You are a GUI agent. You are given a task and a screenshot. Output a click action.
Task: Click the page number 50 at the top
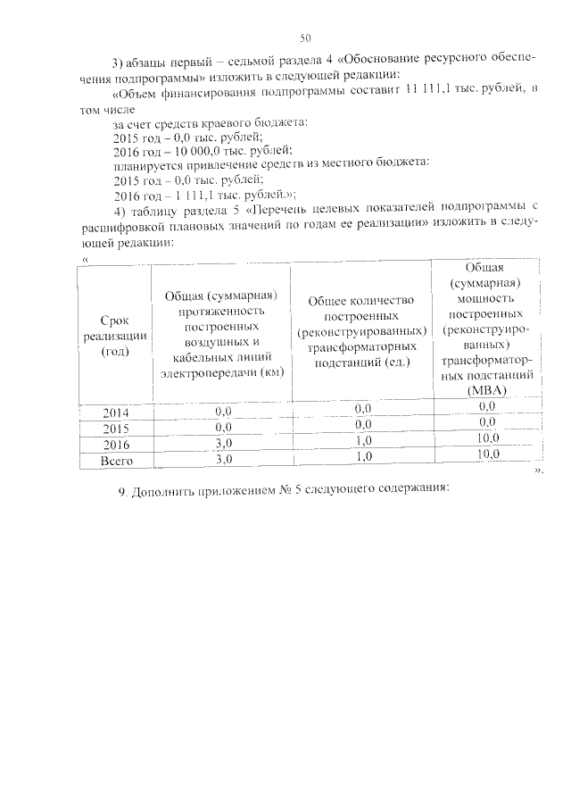click(305, 37)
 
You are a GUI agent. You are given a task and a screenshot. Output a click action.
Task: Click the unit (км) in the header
click(270, 373)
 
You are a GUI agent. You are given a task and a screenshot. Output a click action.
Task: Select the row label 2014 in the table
click(115, 412)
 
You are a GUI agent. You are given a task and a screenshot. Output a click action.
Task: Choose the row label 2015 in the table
click(115, 429)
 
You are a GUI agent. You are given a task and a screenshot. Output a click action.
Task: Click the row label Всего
click(115, 461)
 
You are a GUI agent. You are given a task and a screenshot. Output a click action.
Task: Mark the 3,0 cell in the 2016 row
click(223, 443)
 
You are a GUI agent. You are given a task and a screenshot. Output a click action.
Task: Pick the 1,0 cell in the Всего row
click(363, 456)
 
